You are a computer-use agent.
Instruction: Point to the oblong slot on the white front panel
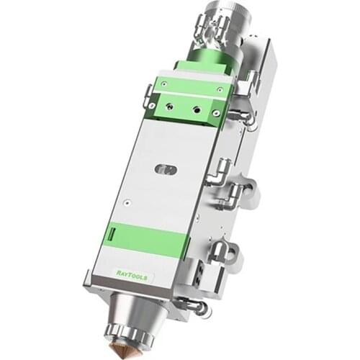click(166, 170)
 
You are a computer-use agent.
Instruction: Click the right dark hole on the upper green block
click(195, 111)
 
